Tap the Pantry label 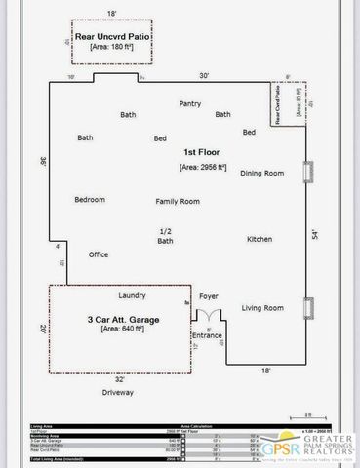point(189,102)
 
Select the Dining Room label point(261,173)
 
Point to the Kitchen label point(260,239)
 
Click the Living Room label point(262,308)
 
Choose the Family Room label point(178,201)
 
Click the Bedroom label point(90,199)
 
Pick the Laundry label point(132,294)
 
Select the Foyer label point(209,294)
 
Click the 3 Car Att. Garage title point(124,319)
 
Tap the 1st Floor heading point(203,153)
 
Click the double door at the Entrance point(207,317)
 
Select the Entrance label point(207,334)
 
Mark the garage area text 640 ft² point(124,330)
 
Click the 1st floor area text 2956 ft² point(203,167)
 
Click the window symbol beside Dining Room point(307,173)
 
